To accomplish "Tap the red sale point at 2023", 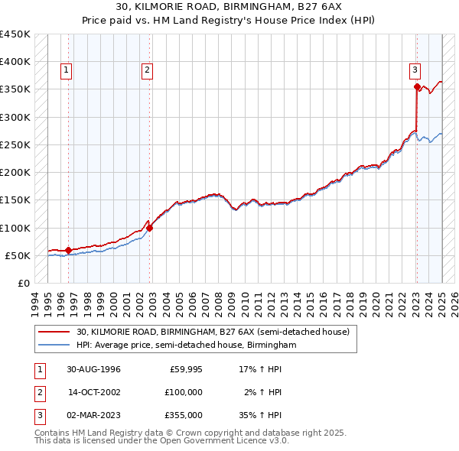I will tap(417, 87).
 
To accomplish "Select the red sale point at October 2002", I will tap(150, 228).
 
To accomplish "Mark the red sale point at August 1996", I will tap(69, 250).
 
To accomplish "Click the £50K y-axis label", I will tap(18, 255).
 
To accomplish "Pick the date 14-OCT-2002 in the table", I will tap(94, 392).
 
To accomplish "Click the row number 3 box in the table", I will tap(38, 415).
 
